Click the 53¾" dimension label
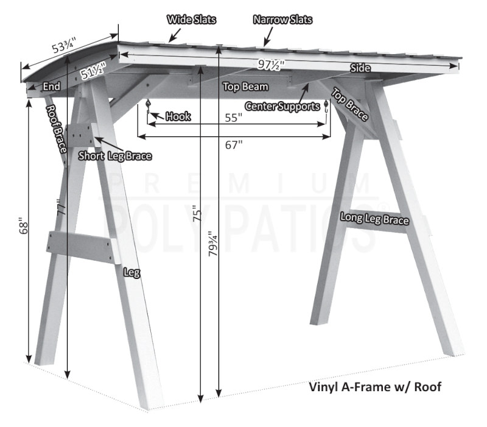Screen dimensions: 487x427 pyautogui.click(x=64, y=45)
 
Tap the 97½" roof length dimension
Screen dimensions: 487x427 pyautogui.click(x=271, y=65)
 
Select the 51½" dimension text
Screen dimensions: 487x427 pyautogui.click(x=93, y=71)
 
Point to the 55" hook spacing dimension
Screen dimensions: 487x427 pyautogui.click(x=234, y=118)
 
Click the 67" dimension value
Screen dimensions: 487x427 pyautogui.click(x=234, y=145)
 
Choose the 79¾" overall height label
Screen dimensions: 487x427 pyautogui.click(x=213, y=244)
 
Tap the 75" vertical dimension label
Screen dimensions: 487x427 pyautogui.click(x=197, y=213)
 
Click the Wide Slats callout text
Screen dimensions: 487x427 pyautogui.click(x=191, y=19)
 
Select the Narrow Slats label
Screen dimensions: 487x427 pyautogui.click(x=282, y=19)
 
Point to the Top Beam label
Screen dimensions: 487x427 pyautogui.click(x=246, y=86)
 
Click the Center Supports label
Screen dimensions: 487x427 pyautogui.click(x=282, y=106)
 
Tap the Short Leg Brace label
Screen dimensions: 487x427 pyautogui.click(x=115, y=156)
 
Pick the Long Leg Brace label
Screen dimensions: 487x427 pyautogui.click(x=374, y=219)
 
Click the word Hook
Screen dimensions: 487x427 pyautogui.click(x=178, y=116)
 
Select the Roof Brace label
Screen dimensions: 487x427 pyautogui.click(x=56, y=129)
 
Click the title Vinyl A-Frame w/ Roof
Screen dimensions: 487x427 pyautogui.click(x=375, y=387)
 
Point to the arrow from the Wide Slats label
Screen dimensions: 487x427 pyautogui.click(x=175, y=35)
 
